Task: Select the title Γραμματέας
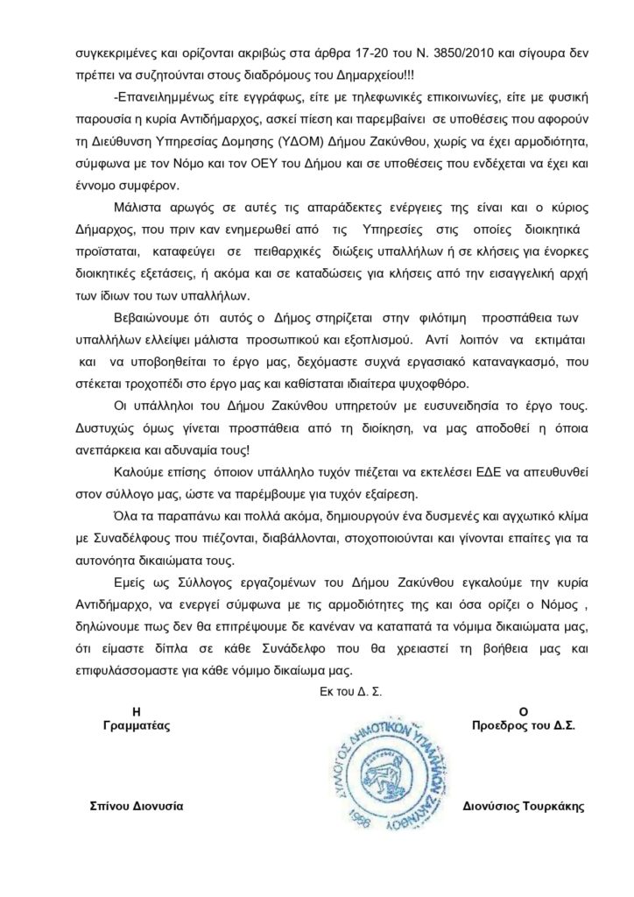click(x=135, y=726)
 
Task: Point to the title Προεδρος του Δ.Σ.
click(x=522, y=726)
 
